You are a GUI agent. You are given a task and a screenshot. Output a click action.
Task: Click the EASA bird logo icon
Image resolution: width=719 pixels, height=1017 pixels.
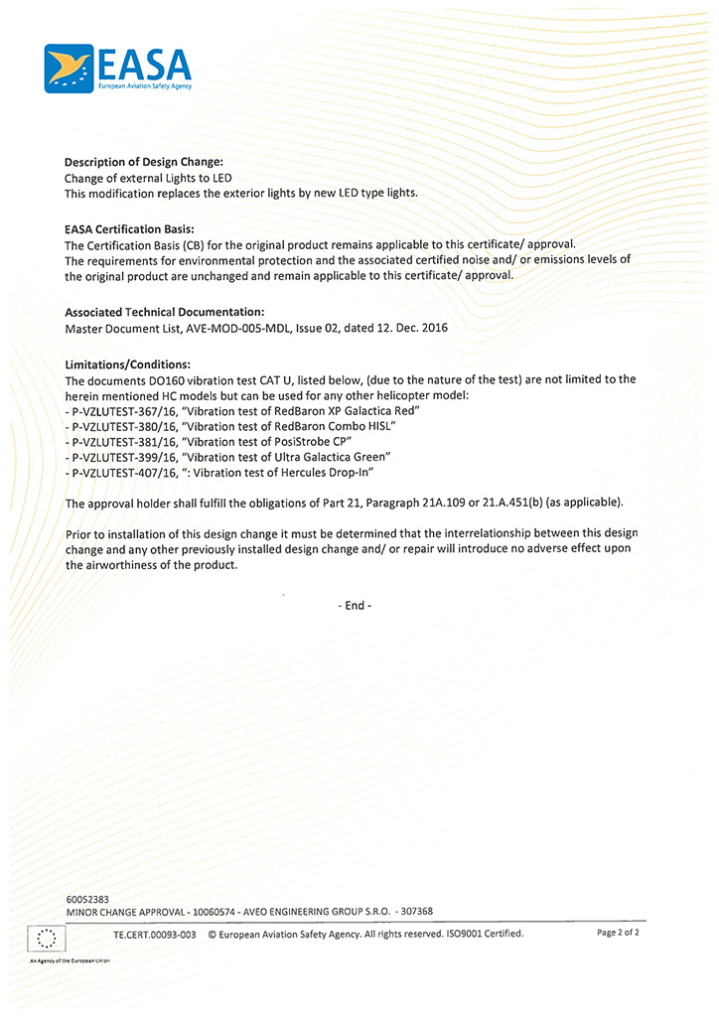point(69,68)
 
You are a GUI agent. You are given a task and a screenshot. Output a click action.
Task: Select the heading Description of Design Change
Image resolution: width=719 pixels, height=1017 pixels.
point(143,162)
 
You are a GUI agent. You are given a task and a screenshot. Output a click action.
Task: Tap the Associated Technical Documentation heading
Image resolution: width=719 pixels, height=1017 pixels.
point(164,312)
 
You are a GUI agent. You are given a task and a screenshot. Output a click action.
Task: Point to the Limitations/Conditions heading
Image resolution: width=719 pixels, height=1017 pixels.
point(127,363)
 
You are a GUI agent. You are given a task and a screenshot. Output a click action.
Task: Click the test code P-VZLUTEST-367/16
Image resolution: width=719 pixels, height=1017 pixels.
point(122,410)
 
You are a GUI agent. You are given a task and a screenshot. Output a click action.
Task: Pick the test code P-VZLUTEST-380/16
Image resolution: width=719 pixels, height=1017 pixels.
point(122,426)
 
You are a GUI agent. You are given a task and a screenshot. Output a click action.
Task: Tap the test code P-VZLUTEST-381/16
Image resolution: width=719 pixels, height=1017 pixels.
point(122,441)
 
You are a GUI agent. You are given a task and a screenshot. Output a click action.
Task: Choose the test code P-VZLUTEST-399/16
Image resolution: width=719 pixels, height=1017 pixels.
point(122,457)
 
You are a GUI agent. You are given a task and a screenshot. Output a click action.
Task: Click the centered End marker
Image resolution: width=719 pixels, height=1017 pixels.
point(356,605)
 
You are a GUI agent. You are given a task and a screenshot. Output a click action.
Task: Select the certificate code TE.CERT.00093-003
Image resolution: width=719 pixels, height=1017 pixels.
point(155,934)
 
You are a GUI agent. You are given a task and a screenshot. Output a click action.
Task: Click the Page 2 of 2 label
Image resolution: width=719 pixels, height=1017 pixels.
point(618,933)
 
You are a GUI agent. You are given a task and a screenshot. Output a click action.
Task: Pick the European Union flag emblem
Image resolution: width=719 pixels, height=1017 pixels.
point(46,938)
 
